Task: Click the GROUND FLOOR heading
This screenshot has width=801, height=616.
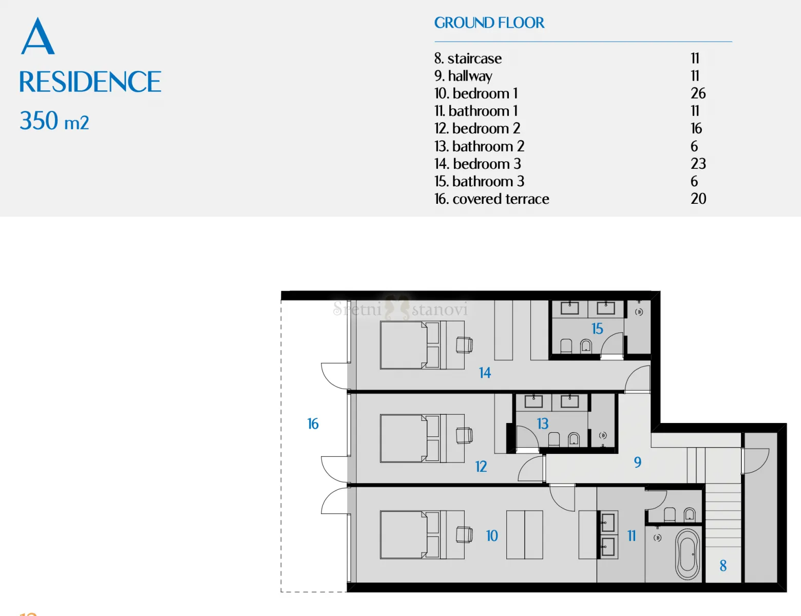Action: [x=489, y=23]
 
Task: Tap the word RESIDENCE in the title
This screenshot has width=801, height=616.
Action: [x=90, y=82]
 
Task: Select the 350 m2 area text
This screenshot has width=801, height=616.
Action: [x=54, y=121]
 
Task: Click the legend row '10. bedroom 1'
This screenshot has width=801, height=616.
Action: [x=476, y=93]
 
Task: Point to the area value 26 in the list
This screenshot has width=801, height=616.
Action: [x=698, y=93]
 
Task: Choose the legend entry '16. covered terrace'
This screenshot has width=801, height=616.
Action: [x=492, y=199]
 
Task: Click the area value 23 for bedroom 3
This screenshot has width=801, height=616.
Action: [x=698, y=164]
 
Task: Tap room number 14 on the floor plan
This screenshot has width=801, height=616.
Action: [x=485, y=373]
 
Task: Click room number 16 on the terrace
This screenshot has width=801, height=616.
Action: [x=313, y=423]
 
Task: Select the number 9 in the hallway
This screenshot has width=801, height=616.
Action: [x=638, y=462]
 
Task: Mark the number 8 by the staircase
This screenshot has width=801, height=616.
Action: [x=723, y=566]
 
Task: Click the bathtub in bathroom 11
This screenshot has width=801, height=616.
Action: [x=688, y=554]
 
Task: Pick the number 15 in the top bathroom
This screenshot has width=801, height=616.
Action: [x=597, y=329]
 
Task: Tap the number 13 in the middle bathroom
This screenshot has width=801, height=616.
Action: [x=543, y=423]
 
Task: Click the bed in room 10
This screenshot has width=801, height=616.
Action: [x=410, y=534]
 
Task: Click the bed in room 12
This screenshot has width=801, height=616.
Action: [x=410, y=438]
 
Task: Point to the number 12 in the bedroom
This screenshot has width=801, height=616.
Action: [x=481, y=467]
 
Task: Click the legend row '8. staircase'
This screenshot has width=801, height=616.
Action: [x=468, y=58]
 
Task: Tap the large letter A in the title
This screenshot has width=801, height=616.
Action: [x=37, y=36]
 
